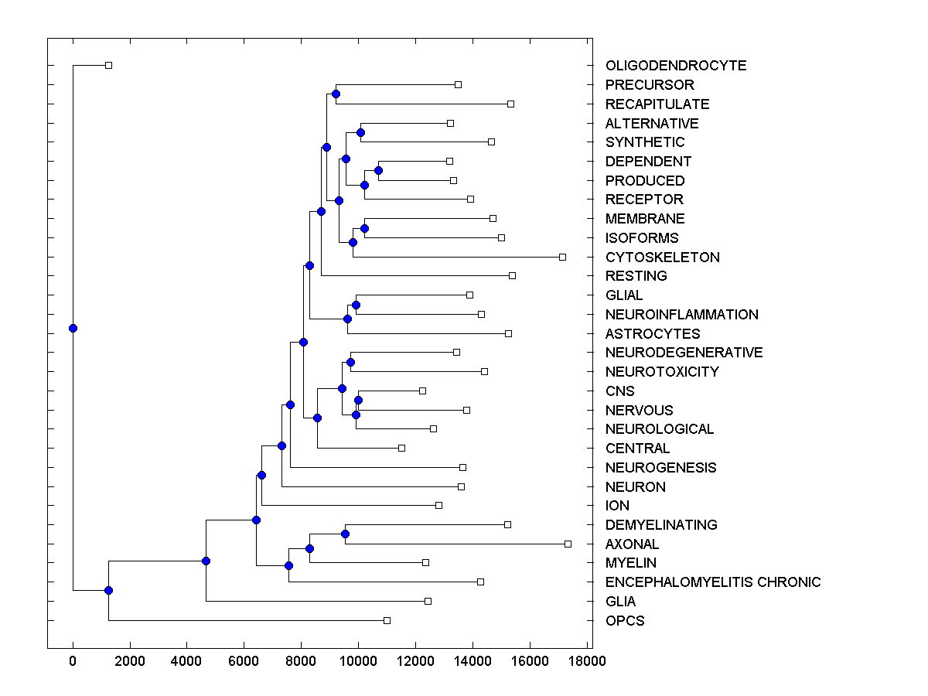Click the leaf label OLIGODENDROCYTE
pos(676,66)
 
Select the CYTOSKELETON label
pos(663,258)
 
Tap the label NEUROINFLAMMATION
pos(682,315)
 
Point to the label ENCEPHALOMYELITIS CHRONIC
pos(713,582)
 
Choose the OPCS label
pos(625,621)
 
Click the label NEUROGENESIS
pos(661,468)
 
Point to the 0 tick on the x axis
pos(73,661)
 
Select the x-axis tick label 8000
pos(301,661)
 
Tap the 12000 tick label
pos(415,661)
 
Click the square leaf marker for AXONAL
pos(568,544)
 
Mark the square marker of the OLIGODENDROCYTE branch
pos(108,65)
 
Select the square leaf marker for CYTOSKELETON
pos(562,257)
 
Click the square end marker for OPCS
pos(387,620)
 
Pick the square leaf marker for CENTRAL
pos(401,448)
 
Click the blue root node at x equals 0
pos(73,328)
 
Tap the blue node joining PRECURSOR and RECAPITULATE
pos(336,94)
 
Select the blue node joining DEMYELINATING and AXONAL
pos(345,534)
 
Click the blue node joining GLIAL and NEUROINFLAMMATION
pos(356,305)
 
